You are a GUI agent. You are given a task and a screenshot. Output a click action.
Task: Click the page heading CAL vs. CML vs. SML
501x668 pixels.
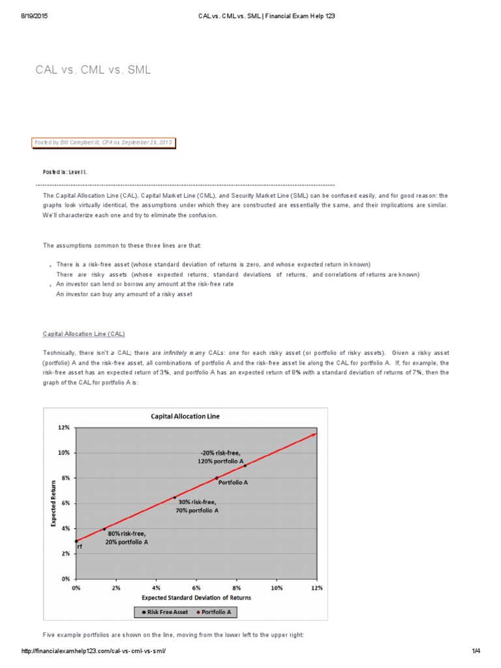[93, 69]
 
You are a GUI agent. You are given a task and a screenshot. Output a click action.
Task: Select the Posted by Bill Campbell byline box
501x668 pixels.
[103, 142]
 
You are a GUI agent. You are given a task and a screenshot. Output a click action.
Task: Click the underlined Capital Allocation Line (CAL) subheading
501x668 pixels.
[83, 333]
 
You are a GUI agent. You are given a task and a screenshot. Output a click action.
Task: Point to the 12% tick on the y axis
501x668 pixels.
[63, 427]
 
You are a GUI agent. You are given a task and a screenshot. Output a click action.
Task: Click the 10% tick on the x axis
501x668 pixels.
[277, 588]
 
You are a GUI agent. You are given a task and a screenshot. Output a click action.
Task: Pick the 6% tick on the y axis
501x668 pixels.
[65, 503]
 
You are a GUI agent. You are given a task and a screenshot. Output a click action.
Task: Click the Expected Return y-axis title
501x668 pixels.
[54, 503]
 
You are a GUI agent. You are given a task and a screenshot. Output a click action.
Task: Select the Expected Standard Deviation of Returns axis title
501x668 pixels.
[196, 598]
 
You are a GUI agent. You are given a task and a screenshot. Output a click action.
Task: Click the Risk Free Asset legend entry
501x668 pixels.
[164, 612]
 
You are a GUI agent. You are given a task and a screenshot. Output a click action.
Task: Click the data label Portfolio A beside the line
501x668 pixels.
[233, 483]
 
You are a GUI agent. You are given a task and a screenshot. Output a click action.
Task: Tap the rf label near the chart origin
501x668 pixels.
[80, 547]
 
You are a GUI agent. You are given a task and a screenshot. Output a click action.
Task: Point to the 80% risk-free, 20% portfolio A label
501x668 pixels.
[127, 538]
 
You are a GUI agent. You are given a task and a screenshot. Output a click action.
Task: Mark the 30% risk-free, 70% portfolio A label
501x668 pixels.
[198, 506]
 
